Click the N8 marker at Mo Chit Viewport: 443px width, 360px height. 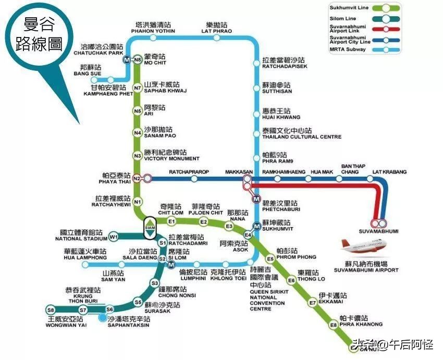point(138,60)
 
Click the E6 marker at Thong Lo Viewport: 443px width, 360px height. point(292,280)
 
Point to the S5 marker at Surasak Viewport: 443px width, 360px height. point(138,302)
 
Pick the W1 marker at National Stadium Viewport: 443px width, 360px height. point(114,238)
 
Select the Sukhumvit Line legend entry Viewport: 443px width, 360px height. point(365,7)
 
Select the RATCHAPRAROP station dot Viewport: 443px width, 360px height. point(194,179)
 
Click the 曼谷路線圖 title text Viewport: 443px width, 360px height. point(39,34)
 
